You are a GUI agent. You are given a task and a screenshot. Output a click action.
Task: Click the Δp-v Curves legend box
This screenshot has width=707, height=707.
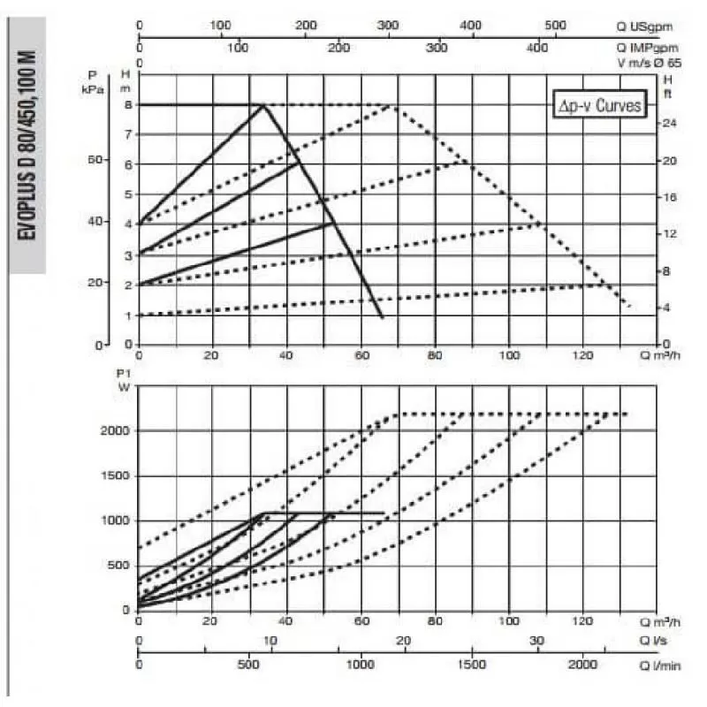[597, 104]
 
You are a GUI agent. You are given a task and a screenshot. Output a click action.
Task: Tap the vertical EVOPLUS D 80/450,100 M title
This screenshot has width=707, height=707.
[27, 146]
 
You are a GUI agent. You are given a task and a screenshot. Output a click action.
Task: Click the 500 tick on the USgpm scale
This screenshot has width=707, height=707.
[555, 26]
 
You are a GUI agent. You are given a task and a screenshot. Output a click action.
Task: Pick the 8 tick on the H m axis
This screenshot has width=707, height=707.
[128, 104]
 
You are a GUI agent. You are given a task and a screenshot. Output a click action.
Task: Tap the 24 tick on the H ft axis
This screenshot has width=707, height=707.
[669, 123]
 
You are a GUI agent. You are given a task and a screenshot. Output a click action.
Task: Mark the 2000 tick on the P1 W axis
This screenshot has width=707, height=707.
[117, 430]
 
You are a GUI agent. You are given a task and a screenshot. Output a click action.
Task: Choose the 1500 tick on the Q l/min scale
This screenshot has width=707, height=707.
[472, 664]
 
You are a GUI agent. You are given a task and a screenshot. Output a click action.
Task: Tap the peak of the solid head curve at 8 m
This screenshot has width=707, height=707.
[263, 104]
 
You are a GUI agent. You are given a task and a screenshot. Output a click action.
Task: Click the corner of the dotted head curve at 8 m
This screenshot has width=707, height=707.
[391, 105]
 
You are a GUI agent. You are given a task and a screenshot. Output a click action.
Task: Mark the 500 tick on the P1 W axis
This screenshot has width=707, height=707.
[120, 566]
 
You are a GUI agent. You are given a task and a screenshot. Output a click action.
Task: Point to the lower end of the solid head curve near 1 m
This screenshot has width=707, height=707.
[382, 316]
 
